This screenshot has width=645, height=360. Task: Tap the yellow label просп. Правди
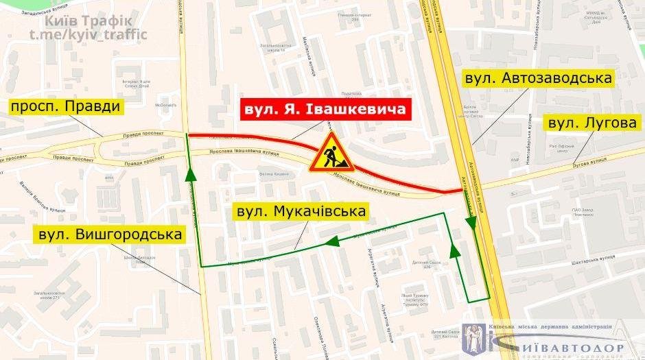click(x=65, y=106)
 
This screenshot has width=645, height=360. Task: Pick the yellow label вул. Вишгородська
click(x=110, y=235)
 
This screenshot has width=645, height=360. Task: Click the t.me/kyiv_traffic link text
click(x=89, y=34)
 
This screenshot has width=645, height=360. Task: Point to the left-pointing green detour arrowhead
click(x=333, y=241)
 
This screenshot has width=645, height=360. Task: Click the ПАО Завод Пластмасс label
click(x=577, y=211)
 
